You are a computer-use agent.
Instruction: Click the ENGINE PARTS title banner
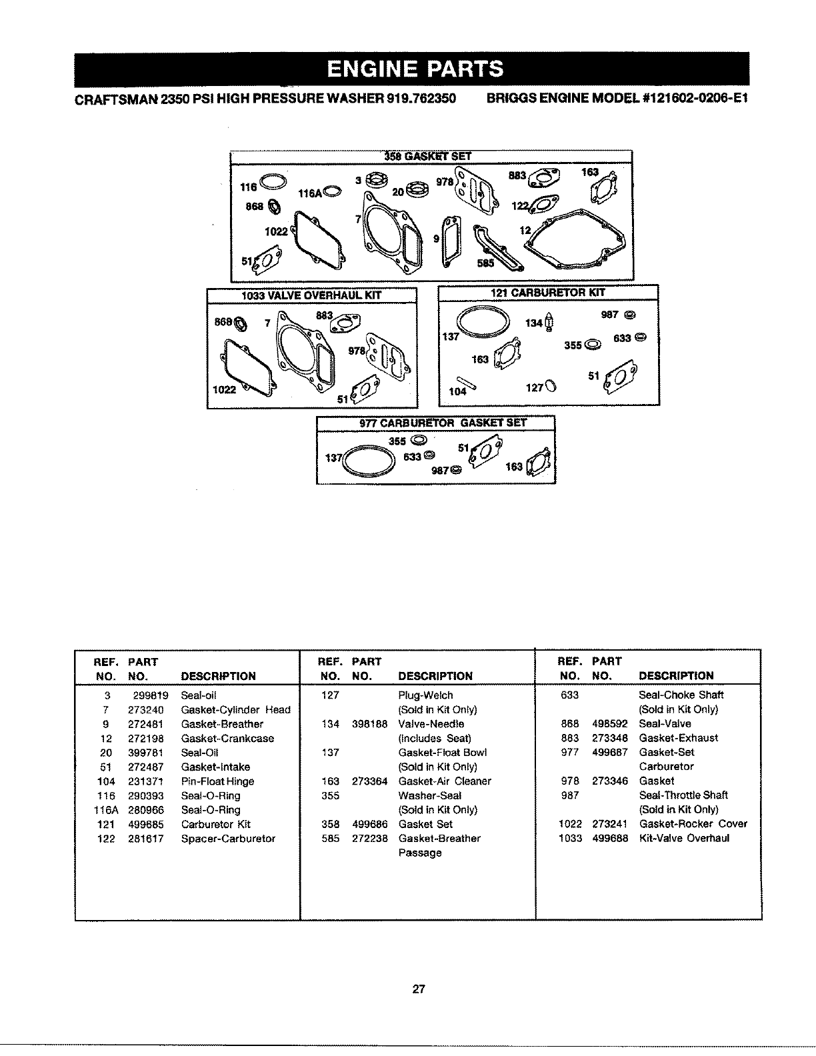click(415, 69)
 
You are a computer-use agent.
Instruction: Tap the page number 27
click(418, 989)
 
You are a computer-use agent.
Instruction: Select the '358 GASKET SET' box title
click(428, 157)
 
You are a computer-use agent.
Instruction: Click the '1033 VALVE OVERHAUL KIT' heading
click(312, 295)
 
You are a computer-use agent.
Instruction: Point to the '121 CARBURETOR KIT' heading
click(548, 291)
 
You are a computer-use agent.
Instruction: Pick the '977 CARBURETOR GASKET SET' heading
click(435, 423)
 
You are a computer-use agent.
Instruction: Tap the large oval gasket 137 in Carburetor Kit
click(479, 321)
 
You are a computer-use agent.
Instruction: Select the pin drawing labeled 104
click(465, 383)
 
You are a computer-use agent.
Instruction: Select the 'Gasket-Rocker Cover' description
click(693, 824)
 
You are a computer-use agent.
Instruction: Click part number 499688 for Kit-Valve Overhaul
click(610, 839)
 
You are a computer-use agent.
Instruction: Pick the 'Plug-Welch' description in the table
click(425, 695)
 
